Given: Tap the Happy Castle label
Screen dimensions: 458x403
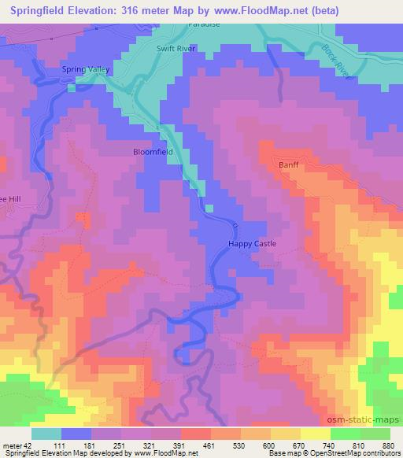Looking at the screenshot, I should click(x=253, y=244).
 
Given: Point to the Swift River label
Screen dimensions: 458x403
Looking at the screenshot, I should click(x=175, y=48).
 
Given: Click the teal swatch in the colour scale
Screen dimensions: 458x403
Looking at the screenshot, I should click(x=46, y=434).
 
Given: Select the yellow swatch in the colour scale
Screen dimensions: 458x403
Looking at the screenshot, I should click(x=316, y=434).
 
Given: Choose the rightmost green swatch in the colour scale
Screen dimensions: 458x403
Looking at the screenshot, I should click(x=375, y=434).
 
